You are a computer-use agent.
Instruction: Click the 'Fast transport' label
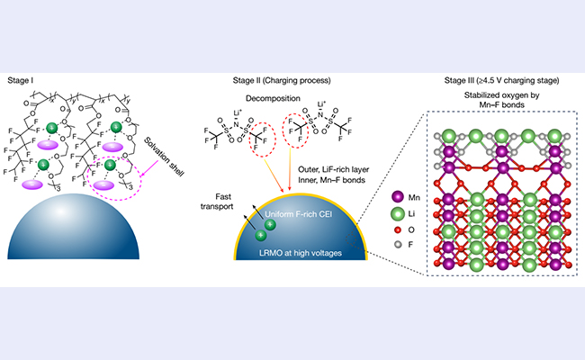tap(209, 198)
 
